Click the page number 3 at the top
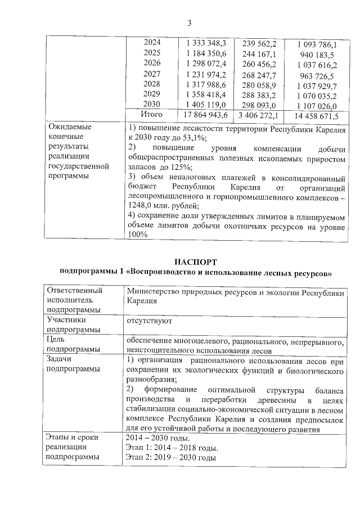(190, 23)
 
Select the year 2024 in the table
(152, 43)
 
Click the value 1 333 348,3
(206, 43)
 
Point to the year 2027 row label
(152, 74)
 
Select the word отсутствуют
(150, 321)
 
